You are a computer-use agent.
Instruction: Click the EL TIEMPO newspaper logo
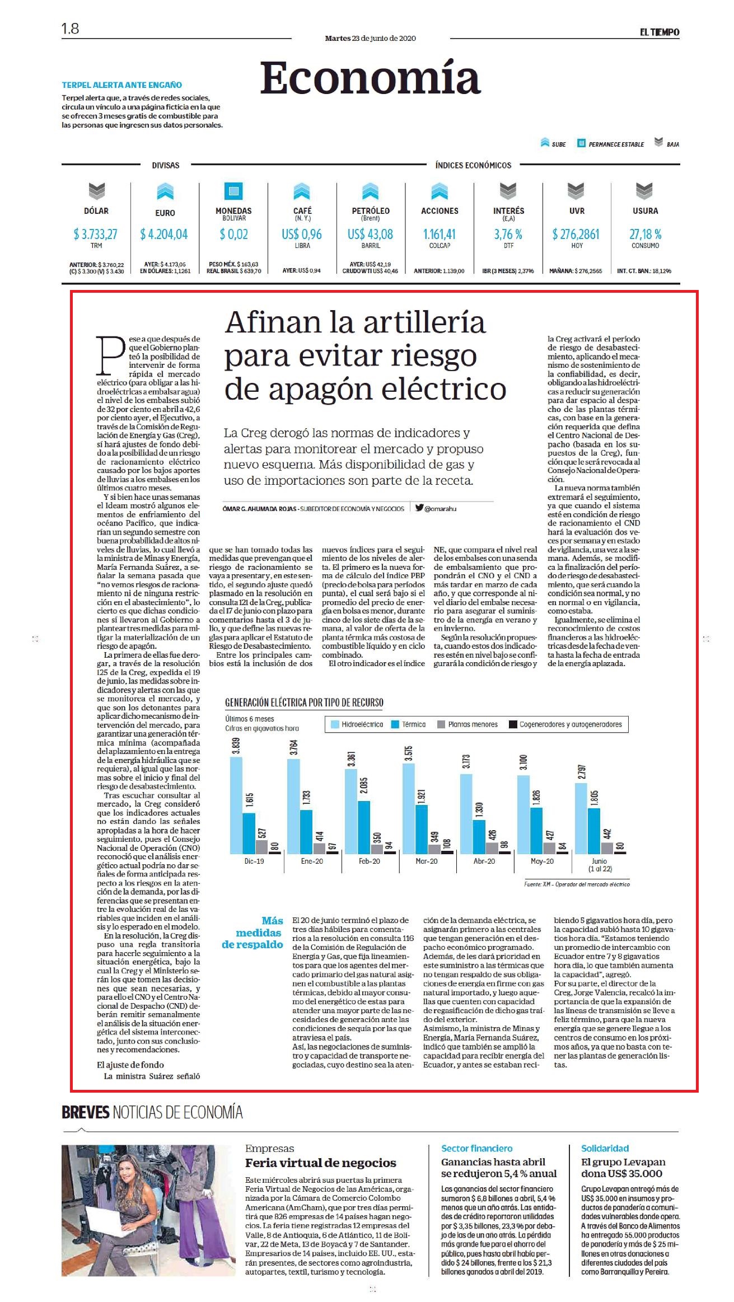[660, 32]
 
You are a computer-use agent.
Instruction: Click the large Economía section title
[370, 78]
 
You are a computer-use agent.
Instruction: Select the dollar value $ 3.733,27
[96, 234]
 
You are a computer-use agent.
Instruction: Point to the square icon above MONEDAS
[233, 191]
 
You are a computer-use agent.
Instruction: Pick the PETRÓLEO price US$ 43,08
[370, 234]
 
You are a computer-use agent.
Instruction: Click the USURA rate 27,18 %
[645, 234]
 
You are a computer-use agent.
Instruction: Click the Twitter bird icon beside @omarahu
[419, 508]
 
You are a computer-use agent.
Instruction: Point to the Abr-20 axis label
[484, 861]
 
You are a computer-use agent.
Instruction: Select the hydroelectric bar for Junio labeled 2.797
[581, 818]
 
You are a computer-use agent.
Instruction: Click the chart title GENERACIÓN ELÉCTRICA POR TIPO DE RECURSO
[304, 702]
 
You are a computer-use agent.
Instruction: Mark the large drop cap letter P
[111, 355]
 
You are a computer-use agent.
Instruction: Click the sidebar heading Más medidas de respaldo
[253, 933]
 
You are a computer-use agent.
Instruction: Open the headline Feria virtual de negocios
[320, 1163]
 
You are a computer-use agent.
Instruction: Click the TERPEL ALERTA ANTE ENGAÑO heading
[121, 85]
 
